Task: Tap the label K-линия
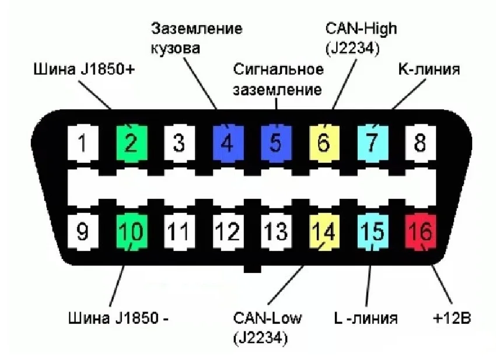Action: pos(429,69)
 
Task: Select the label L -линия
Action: pos(366,319)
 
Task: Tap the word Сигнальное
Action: pos(278,70)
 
